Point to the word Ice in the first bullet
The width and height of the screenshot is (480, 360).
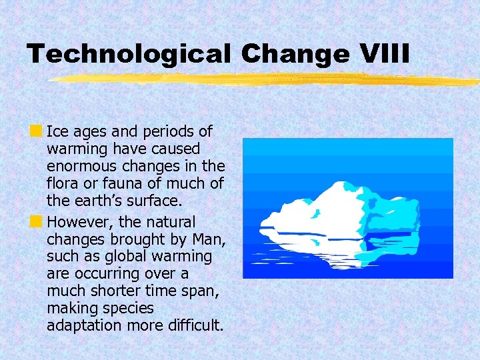(57, 131)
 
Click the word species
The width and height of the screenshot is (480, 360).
(131, 309)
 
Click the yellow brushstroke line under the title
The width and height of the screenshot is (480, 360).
(267, 79)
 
